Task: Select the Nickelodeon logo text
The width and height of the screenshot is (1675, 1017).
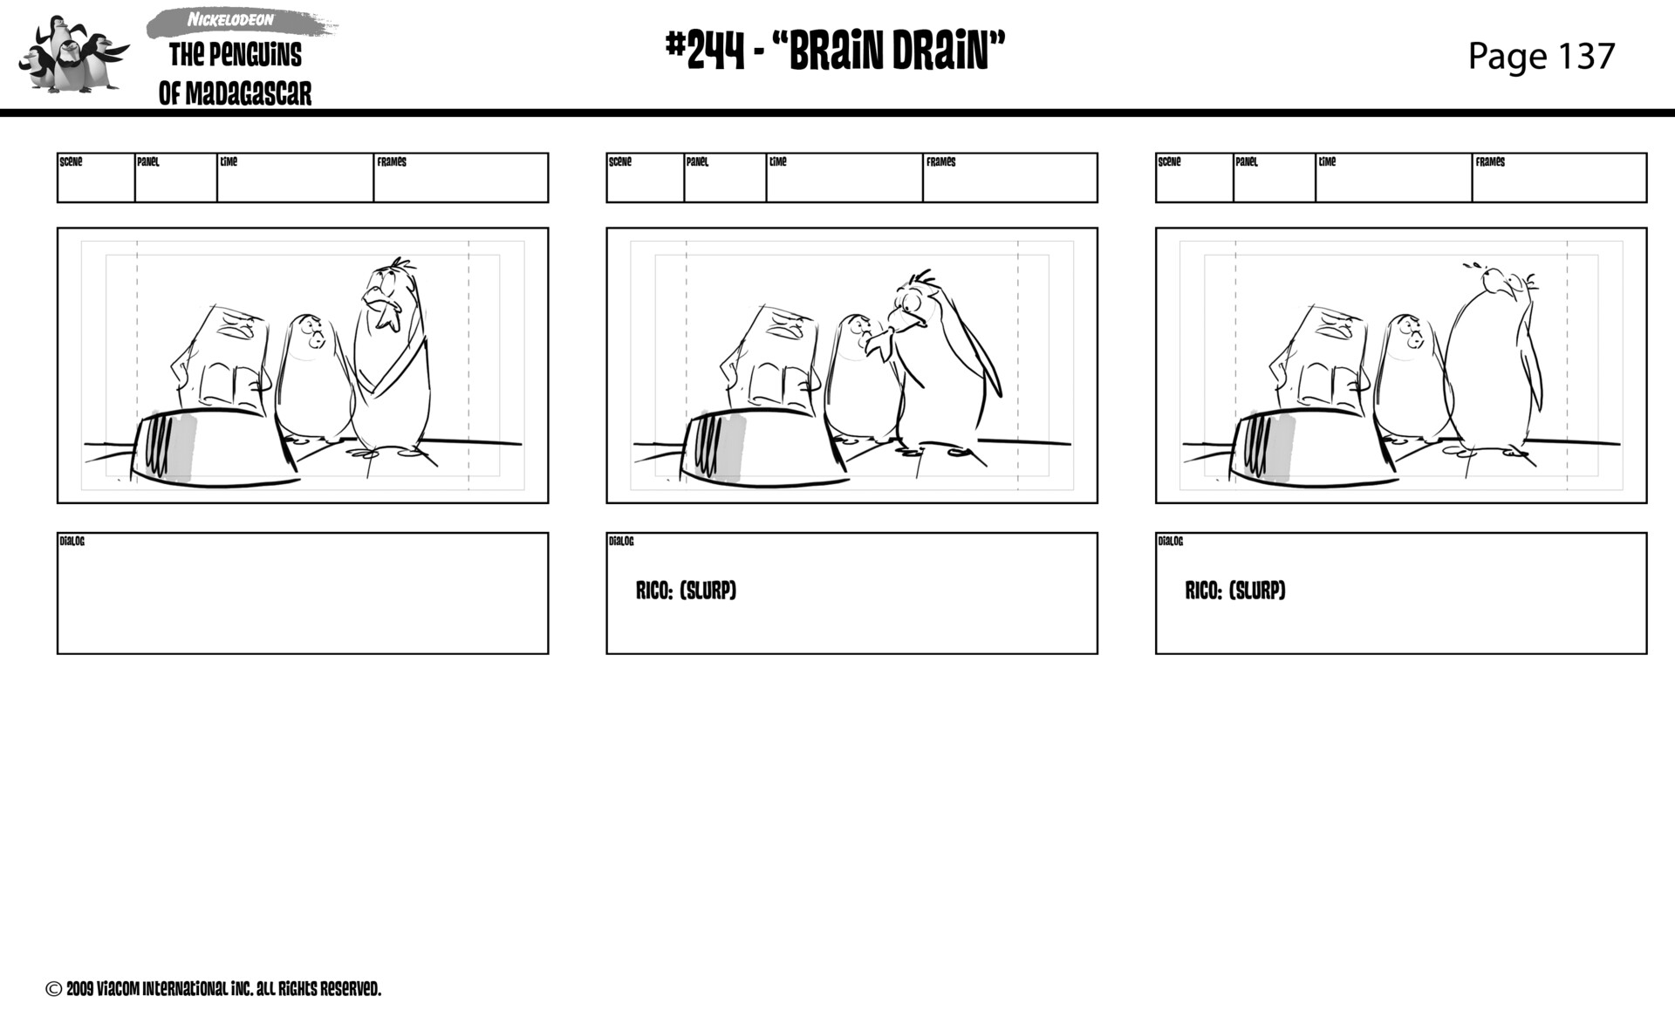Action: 230,20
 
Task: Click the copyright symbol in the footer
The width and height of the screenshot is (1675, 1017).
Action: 54,989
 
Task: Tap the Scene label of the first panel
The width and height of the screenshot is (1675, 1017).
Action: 71,162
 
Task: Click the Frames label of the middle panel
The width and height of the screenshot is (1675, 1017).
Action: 940,162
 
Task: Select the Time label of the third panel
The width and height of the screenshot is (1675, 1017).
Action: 1327,162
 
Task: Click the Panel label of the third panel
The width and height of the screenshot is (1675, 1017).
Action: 1247,162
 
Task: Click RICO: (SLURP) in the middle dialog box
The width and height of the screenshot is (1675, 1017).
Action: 686,590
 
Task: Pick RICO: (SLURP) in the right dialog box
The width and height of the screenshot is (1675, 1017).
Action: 1234,590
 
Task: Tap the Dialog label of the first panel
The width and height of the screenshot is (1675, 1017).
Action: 72,542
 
